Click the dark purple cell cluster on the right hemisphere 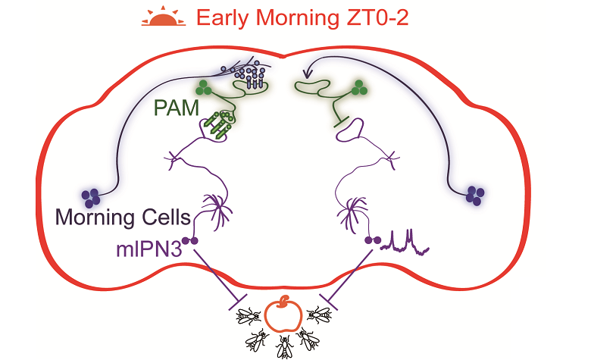(x=476, y=195)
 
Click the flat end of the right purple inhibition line (x=326, y=296)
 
